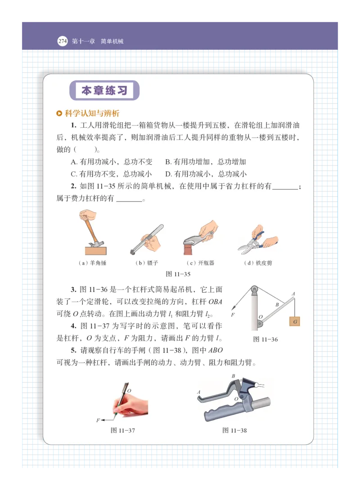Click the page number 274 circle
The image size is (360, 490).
tap(62, 41)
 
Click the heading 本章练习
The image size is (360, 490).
tap(104, 91)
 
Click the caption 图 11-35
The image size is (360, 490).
tap(178, 274)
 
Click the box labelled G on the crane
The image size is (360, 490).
tap(295, 322)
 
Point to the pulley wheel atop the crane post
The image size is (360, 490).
tap(255, 290)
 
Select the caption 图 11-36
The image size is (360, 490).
tap(265, 339)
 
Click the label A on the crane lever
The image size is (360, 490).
tap(293, 294)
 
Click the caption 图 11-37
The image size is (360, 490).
tap(123, 431)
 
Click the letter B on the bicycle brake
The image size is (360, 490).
tap(233, 376)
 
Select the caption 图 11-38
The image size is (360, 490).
tap(234, 431)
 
